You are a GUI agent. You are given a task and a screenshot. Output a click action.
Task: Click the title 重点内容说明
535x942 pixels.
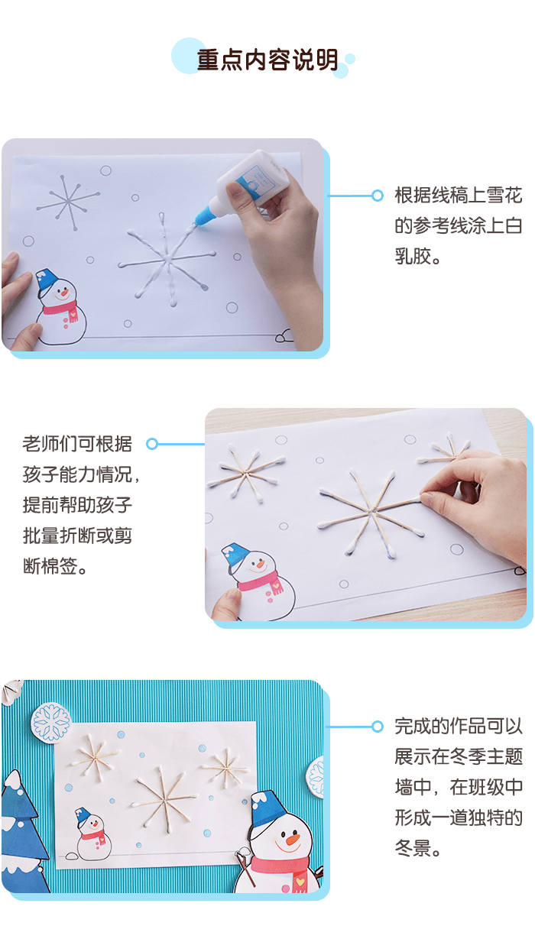[x=267, y=60]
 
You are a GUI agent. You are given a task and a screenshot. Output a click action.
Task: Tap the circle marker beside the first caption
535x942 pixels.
[x=377, y=196]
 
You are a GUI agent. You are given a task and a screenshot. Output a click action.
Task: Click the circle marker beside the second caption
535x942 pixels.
[x=152, y=443]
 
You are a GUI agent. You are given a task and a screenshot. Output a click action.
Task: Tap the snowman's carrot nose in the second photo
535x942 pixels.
[x=261, y=566]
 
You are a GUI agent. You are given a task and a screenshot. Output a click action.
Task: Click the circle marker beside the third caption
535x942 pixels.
[x=377, y=727]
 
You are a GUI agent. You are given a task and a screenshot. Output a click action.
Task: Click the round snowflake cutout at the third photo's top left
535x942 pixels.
[x=52, y=723]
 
